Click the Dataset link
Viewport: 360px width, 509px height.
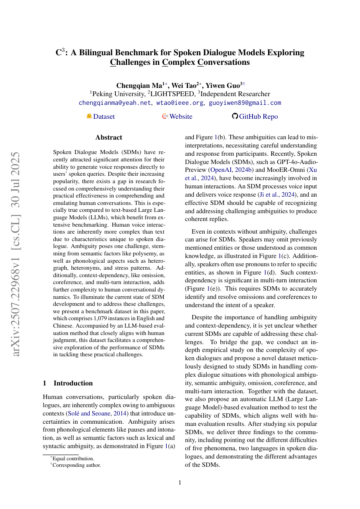104,117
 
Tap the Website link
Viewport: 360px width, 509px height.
181,117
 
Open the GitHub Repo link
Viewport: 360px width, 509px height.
258,117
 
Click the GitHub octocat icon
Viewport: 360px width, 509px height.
235,116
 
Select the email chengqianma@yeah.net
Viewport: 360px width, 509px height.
115,103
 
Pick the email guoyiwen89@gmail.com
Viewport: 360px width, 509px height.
245,103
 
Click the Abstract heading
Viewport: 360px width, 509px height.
109,137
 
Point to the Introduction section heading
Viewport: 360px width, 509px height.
73,383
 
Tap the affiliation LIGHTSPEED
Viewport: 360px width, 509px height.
172,94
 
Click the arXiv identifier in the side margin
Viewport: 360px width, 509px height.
16,254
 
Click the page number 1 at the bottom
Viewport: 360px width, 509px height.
180,482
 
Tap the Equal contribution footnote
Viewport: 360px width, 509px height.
73,458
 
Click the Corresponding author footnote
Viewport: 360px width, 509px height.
76,465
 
